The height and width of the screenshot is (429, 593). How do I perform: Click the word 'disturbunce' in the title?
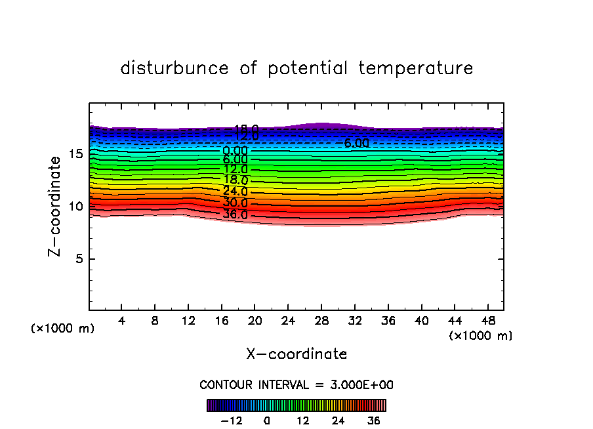click(x=175, y=68)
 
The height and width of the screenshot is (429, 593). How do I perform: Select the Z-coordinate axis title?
click(x=57, y=206)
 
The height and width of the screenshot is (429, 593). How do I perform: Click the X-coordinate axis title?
click(x=296, y=354)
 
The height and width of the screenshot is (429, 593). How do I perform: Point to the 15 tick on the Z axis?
click(x=75, y=154)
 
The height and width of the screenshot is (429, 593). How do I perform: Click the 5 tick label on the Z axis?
click(x=78, y=259)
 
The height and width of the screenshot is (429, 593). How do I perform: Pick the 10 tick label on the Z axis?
click(x=75, y=207)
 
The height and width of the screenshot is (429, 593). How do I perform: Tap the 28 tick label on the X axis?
click(x=321, y=321)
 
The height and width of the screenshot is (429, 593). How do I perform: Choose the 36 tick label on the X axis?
click(x=388, y=321)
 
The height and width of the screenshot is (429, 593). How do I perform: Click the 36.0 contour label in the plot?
click(x=235, y=214)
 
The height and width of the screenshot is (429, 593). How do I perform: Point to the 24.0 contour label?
click(x=235, y=192)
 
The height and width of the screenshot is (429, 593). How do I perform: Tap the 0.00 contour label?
click(x=235, y=150)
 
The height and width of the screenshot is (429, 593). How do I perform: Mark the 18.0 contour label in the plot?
click(x=235, y=180)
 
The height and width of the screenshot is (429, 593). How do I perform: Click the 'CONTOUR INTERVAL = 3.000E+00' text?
click(x=296, y=385)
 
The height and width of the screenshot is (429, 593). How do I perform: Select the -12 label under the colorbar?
click(x=232, y=420)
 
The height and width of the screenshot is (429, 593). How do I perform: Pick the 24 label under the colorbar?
click(x=338, y=420)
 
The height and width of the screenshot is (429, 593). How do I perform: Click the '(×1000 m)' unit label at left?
click(x=63, y=329)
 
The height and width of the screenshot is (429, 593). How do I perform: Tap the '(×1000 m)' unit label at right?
click(x=481, y=336)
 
